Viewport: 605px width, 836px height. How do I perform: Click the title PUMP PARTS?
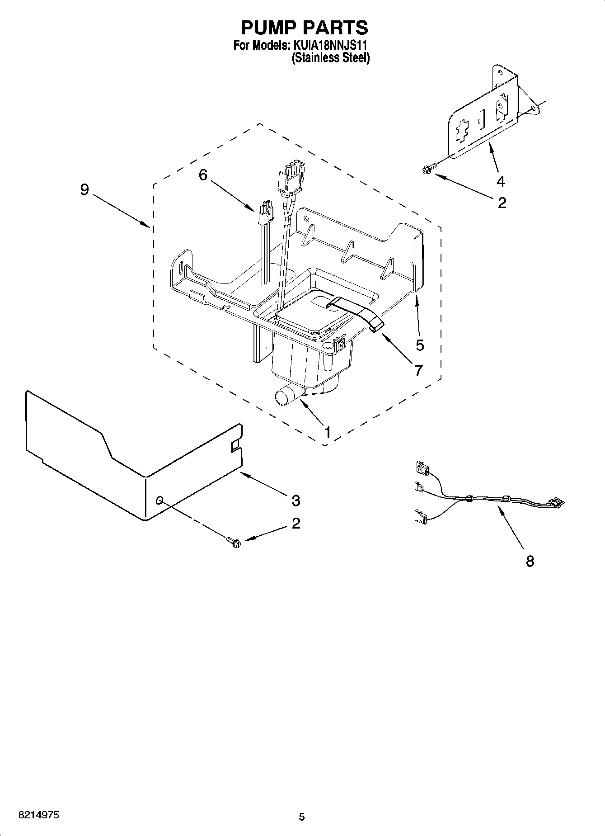[x=304, y=28]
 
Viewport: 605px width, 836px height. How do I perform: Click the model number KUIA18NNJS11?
[x=332, y=46]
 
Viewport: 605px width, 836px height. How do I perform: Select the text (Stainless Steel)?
[x=330, y=58]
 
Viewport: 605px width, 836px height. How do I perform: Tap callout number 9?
[x=84, y=189]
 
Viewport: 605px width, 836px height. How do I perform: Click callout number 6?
[x=203, y=175]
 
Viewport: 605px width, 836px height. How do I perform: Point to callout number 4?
[x=501, y=181]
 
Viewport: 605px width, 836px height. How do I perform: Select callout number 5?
[x=420, y=345]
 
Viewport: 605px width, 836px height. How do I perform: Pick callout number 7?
[x=418, y=370]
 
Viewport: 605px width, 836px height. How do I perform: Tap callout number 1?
[x=328, y=432]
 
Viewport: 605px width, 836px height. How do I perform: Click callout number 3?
[x=295, y=501]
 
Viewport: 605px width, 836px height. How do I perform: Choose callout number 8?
[x=530, y=561]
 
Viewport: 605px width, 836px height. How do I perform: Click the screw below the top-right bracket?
[x=427, y=170]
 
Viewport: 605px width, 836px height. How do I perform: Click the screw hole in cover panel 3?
[x=159, y=500]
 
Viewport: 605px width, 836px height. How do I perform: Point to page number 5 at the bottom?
[x=302, y=816]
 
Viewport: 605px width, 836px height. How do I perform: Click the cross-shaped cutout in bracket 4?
[x=462, y=132]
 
